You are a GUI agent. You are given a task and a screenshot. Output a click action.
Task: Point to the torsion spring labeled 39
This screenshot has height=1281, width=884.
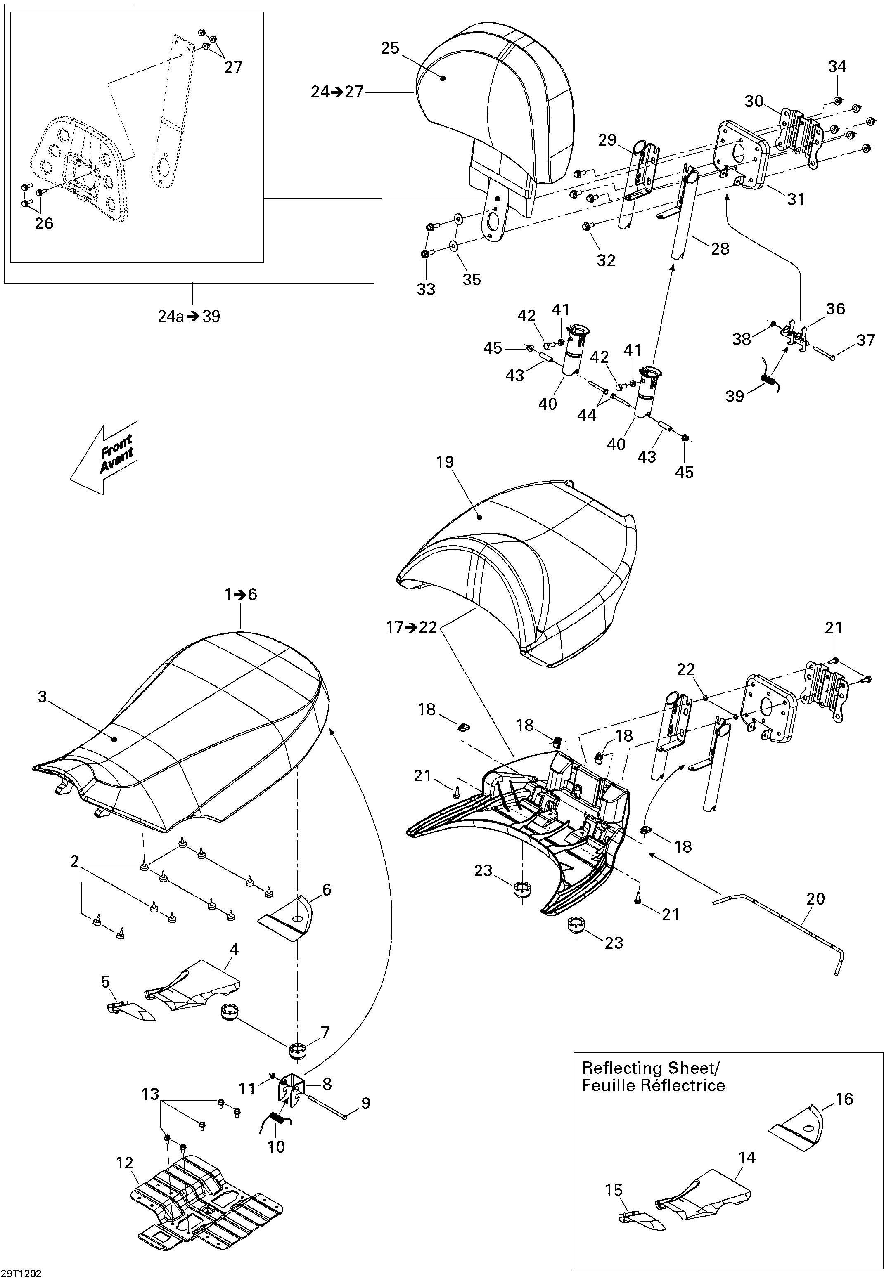point(769,381)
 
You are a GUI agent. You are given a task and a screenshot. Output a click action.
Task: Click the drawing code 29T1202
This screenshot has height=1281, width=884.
point(21,1274)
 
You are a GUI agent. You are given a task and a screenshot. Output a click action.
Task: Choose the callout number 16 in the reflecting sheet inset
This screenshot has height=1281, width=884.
point(844,1098)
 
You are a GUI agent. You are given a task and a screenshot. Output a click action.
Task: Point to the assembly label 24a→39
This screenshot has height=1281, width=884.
point(189,317)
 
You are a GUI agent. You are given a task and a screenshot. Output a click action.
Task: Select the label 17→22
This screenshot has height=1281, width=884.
point(412,627)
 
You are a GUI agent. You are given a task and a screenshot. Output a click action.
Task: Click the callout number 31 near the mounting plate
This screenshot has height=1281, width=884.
point(796,199)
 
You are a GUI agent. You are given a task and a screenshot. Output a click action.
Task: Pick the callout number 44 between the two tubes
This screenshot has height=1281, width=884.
point(587,416)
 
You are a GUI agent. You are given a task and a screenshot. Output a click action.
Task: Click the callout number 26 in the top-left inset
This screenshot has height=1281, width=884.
point(44,223)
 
